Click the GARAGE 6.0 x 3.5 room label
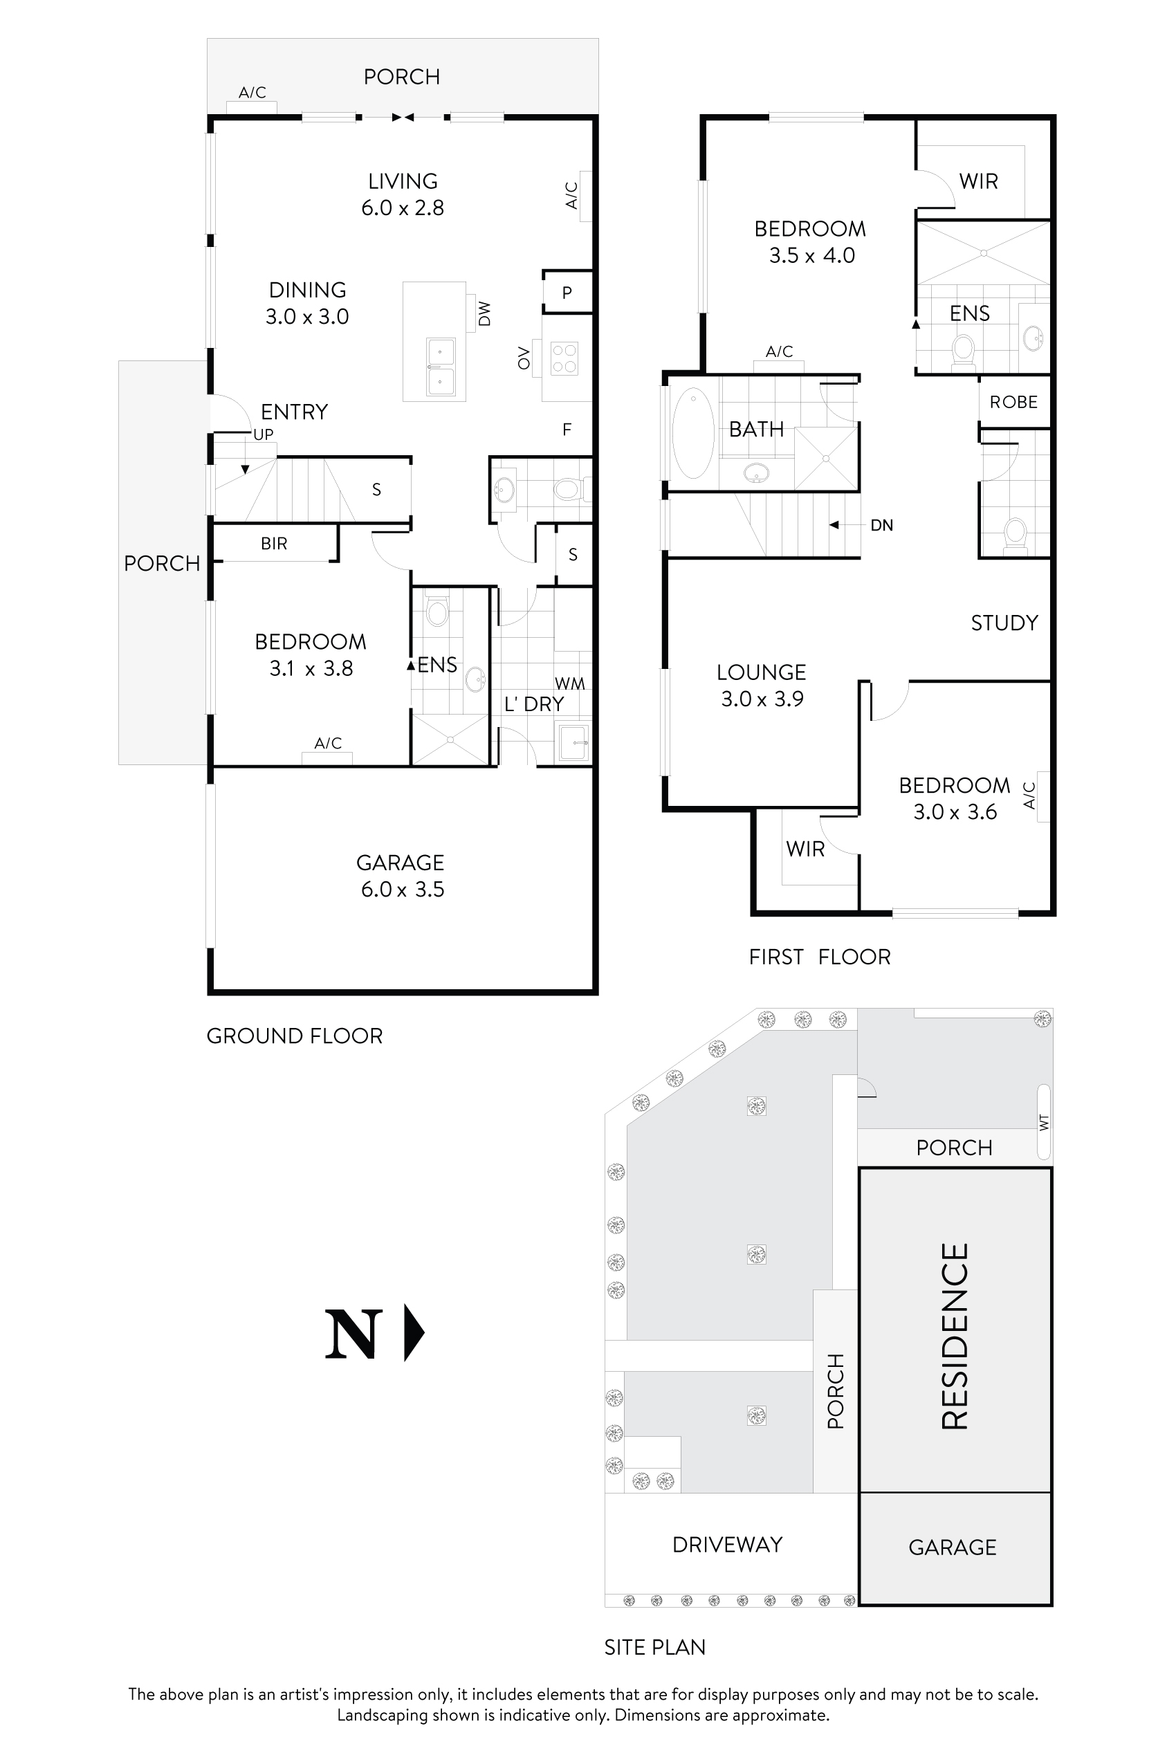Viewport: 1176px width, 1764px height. tap(401, 875)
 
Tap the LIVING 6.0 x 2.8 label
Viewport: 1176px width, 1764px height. tap(403, 194)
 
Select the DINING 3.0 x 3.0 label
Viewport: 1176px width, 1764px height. tap(308, 303)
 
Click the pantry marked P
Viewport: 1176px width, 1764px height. tap(567, 293)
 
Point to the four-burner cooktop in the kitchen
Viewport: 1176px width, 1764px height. tap(564, 358)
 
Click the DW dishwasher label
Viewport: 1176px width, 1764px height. tap(484, 313)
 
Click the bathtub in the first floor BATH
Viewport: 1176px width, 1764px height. tap(693, 433)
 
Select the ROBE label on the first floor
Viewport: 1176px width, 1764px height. tap(1013, 402)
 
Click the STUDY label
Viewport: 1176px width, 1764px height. tap(1004, 623)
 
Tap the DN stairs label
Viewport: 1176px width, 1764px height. tap(881, 525)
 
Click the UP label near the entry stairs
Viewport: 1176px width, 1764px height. tap(264, 434)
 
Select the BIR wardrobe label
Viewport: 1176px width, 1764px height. tap(274, 544)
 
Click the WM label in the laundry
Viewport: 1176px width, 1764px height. tap(569, 683)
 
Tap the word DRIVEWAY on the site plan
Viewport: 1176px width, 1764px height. tap(727, 1544)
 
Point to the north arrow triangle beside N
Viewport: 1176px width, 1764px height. tap(414, 1333)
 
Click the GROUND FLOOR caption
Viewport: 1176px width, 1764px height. tap(294, 1036)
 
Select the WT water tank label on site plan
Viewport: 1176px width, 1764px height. tap(1044, 1122)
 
